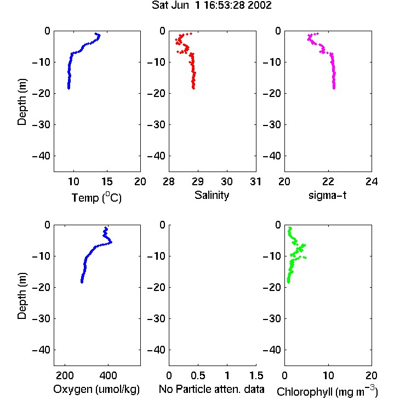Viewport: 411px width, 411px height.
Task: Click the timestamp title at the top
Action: (212, 5)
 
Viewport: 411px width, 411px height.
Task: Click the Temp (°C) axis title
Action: (96, 197)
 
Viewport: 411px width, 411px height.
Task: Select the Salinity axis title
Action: (212, 195)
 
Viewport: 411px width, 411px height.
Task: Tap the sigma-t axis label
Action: (327, 195)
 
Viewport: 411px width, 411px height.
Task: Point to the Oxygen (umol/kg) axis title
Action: (96, 389)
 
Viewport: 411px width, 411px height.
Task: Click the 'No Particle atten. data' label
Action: (212, 389)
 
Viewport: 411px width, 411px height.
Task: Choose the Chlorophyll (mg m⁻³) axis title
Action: (327, 391)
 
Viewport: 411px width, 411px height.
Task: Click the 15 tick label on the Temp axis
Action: (107, 181)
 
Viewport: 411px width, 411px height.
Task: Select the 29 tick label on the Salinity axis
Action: (198, 181)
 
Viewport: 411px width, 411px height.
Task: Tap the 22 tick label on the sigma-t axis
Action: (328, 181)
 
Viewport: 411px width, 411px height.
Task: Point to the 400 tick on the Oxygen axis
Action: (108, 375)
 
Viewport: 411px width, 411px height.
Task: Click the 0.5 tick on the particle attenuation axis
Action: (198, 375)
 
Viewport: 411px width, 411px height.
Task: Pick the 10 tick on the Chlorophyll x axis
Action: (328, 375)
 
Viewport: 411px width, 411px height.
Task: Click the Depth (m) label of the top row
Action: (22, 102)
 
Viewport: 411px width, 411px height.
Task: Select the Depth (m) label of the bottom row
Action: (22, 296)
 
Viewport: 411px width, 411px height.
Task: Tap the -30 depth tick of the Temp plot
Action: (41, 124)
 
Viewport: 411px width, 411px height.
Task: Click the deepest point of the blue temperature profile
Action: (68, 88)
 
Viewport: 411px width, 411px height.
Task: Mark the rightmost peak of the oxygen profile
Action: (111, 242)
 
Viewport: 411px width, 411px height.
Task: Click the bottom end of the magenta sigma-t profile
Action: (334, 88)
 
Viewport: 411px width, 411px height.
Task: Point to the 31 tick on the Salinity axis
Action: (255, 181)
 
